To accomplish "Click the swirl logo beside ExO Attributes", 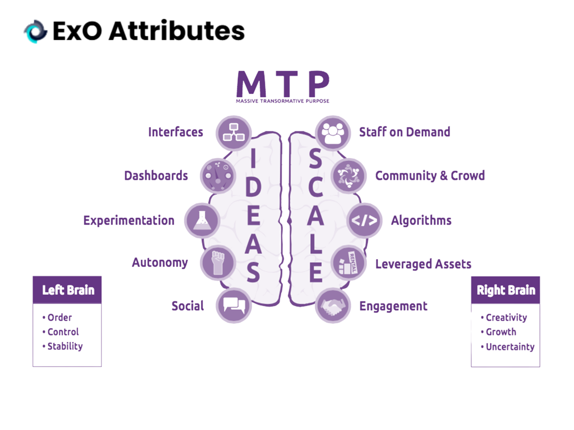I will tap(36, 31).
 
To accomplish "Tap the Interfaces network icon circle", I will tap(234, 133).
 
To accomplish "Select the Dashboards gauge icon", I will tap(218, 176).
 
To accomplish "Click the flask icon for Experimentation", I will tap(202, 221).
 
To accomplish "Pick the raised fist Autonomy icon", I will tap(218, 263).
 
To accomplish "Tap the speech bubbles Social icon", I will tap(234, 305).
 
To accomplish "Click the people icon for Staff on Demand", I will tap(333, 133).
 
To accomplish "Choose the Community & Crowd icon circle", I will tap(349, 176).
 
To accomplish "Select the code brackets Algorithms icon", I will tap(364, 221).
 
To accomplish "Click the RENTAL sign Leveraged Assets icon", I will tap(349, 263).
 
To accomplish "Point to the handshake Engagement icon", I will tap(333, 305).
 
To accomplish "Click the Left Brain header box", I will tap(67, 290).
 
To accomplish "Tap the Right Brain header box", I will tap(506, 290).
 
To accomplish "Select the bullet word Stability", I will tap(65, 346).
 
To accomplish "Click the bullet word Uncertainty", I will tap(510, 347).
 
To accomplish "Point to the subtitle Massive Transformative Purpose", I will tap(283, 101).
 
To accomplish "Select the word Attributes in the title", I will tap(177, 31).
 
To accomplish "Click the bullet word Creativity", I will tap(506, 318).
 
